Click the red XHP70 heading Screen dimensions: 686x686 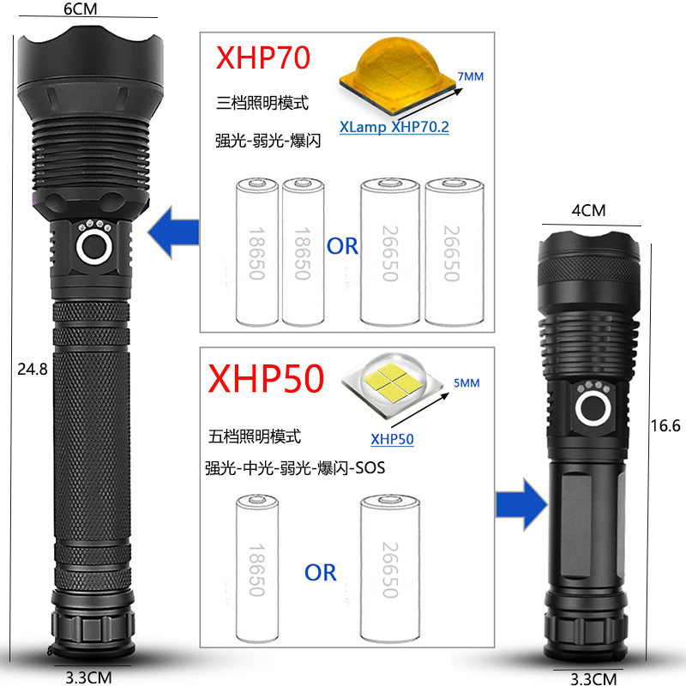tap(263, 61)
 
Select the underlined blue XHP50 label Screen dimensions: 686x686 tap(392, 440)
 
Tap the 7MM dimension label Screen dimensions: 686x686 tap(471, 76)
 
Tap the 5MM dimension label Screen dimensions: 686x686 tap(467, 384)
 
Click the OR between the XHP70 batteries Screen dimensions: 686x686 tap(342, 247)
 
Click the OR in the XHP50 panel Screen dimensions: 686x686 tap(321, 572)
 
